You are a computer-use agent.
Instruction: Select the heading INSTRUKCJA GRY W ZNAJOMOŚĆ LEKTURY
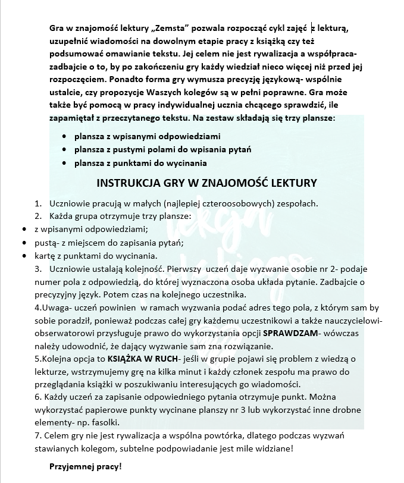pos(206,183)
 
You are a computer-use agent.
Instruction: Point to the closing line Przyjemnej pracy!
pos(85,467)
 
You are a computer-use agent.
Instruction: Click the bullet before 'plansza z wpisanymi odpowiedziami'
pos(64,136)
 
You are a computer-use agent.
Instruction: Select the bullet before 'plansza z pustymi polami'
pos(64,149)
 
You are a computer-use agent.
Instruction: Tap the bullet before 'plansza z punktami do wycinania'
pos(64,163)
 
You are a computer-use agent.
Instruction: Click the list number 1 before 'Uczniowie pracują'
pos(38,203)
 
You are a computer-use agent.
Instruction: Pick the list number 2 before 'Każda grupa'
pos(38,215)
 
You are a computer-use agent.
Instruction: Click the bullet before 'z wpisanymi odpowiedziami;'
pos(24,229)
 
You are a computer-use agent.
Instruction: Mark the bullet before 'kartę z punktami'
pos(24,256)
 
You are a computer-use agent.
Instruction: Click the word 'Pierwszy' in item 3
pos(168,269)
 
